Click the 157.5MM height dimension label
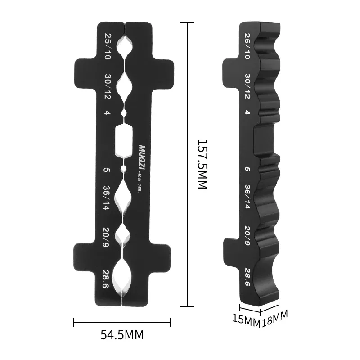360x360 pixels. click(x=202, y=164)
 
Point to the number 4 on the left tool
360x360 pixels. click(x=107, y=113)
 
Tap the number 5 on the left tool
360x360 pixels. click(x=107, y=170)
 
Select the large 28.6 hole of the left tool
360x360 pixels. click(x=122, y=276)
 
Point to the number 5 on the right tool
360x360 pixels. click(x=247, y=170)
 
